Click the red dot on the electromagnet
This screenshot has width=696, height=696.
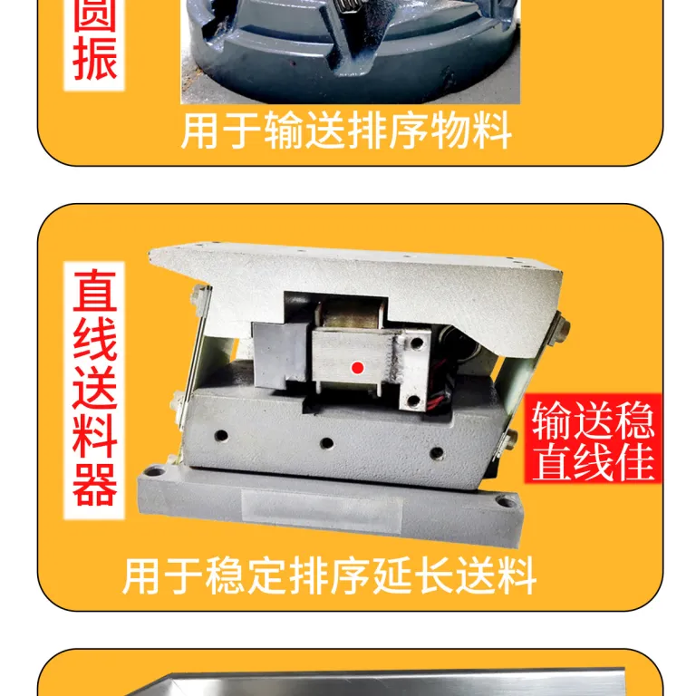tap(358, 368)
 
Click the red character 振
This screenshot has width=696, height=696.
tap(94, 59)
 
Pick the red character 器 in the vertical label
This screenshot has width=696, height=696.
tap(94, 485)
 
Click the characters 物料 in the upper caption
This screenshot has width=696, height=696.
tap(470, 130)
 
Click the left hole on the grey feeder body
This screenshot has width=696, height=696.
tap(221, 435)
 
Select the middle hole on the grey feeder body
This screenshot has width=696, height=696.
tap(326, 443)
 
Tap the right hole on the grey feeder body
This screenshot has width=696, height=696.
tap(437, 453)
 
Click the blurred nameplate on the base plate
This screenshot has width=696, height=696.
tap(322, 509)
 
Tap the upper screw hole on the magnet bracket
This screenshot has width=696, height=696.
tap(416, 343)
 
